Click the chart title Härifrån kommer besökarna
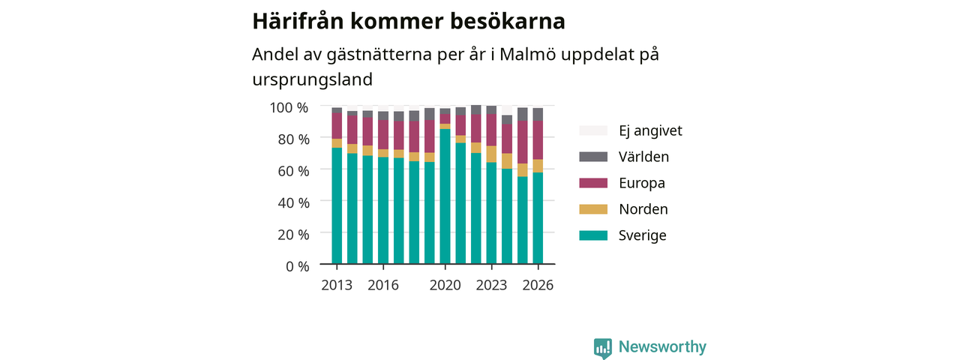click(x=409, y=22)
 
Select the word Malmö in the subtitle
click(x=526, y=55)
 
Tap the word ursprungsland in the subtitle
click(x=313, y=80)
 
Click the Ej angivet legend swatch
click(x=593, y=130)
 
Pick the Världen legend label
click(x=643, y=157)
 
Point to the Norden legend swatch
click(x=593, y=209)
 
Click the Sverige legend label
click(x=643, y=235)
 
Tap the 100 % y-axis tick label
click(x=289, y=107)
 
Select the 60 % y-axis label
click(x=293, y=171)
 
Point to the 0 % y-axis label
click(x=298, y=266)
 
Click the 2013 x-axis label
click(x=337, y=285)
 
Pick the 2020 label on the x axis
click(x=445, y=285)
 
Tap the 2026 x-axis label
click(x=538, y=285)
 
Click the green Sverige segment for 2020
click(x=445, y=196)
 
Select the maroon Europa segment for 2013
click(x=337, y=126)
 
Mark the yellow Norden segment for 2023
click(x=491, y=154)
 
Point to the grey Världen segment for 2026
click(x=538, y=115)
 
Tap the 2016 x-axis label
click(x=383, y=285)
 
